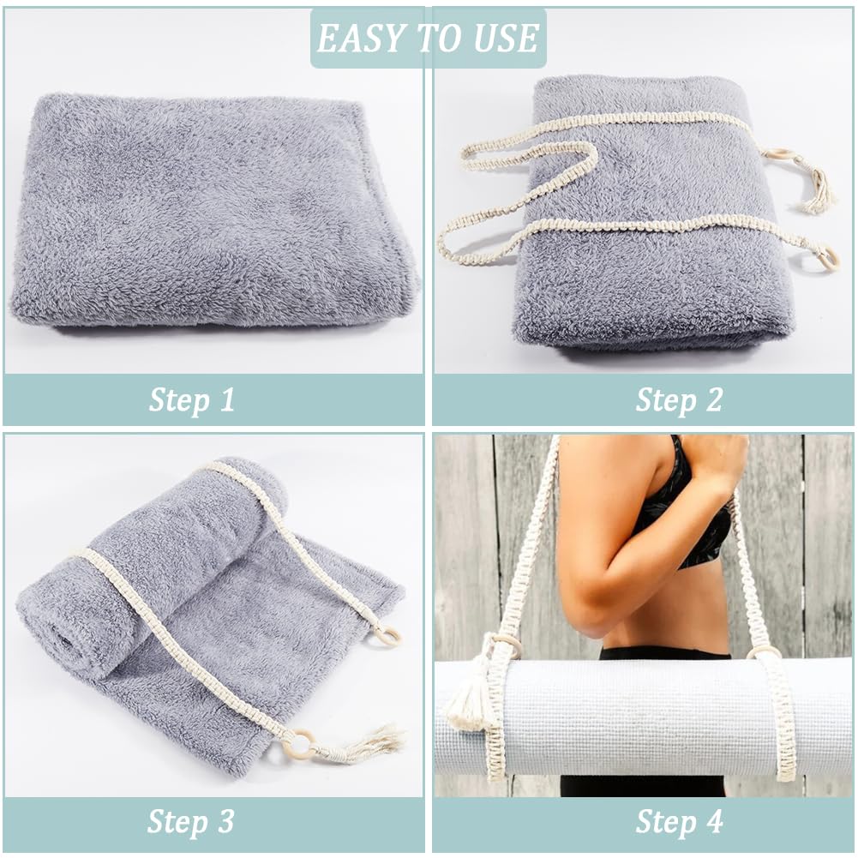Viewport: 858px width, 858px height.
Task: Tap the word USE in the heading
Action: [x=507, y=39]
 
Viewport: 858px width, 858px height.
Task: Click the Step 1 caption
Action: [x=192, y=400]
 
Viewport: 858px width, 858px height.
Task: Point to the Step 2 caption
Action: [x=679, y=400]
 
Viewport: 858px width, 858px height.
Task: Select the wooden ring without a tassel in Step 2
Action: [x=827, y=257]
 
